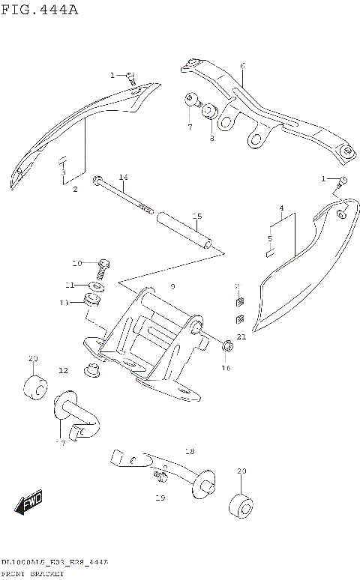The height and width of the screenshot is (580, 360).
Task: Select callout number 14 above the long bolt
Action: pyautogui.click(x=123, y=177)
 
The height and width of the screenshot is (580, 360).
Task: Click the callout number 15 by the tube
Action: pyautogui.click(x=196, y=217)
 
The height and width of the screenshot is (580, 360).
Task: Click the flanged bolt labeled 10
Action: pyautogui.click(x=103, y=265)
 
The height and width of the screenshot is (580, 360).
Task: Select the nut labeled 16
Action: pyautogui.click(x=226, y=346)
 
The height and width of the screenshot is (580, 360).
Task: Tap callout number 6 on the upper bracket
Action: pyautogui.click(x=242, y=67)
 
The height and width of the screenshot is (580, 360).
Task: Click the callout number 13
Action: pyautogui.click(x=64, y=302)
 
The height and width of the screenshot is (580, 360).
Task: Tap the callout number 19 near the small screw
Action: pyautogui.click(x=160, y=497)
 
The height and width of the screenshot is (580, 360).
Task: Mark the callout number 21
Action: pyautogui.click(x=241, y=337)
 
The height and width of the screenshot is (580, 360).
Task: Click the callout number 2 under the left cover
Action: pyautogui.click(x=75, y=190)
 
